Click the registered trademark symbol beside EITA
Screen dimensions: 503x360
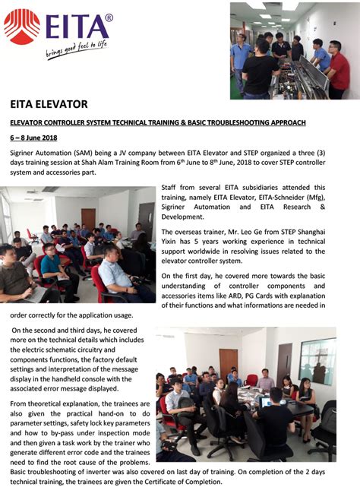click(x=109, y=17)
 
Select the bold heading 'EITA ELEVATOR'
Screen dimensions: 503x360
click(x=49, y=103)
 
